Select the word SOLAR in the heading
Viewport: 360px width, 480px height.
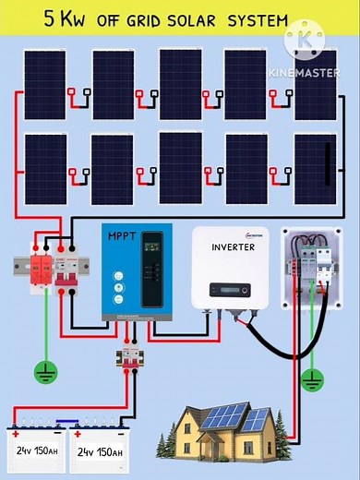[195, 19]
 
